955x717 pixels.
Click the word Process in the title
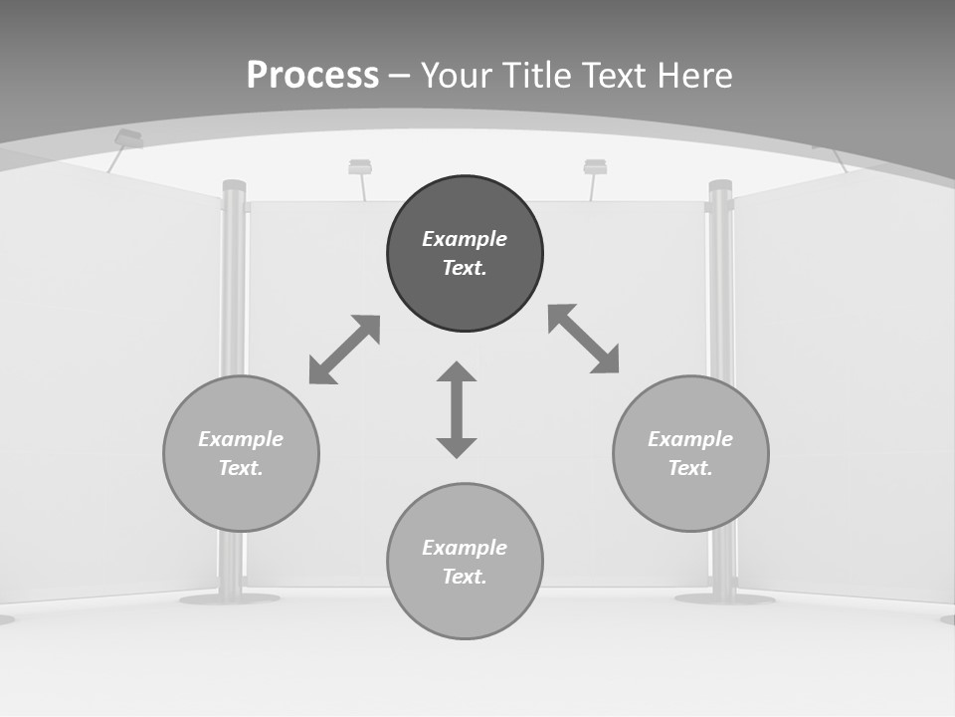312,75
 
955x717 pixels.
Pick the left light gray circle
241,498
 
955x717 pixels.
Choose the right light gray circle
690,498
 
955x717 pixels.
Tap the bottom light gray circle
465,607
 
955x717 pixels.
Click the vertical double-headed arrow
457,410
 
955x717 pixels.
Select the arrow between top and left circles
344,350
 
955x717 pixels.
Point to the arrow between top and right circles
584,339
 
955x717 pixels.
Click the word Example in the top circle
465,239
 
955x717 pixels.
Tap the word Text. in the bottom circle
465,577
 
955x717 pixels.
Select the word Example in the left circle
241,439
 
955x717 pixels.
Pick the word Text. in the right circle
690,468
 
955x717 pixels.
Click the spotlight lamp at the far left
128,138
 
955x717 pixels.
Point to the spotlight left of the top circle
360,167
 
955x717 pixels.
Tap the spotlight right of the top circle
595,167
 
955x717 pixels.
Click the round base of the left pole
229,598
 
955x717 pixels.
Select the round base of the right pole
724,598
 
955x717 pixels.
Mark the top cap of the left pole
234,185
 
